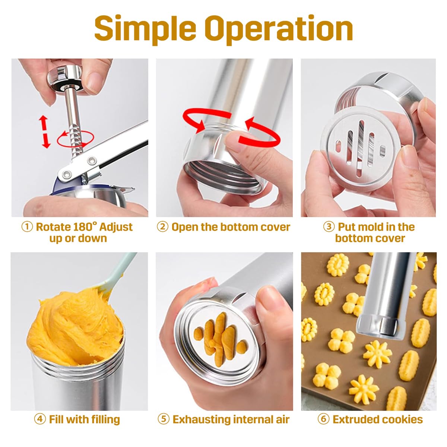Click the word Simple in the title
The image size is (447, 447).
pyautogui.click(x=145, y=29)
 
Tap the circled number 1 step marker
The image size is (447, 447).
pyautogui.click(x=27, y=227)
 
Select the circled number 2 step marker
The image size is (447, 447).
pyautogui.click(x=163, y=227)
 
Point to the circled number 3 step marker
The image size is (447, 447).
pyautogui.click(x=329, y=227)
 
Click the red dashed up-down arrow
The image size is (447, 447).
pyautogui.click(x=44, y=132)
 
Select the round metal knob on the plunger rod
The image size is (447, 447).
pyautogui.click(x=65, y=78)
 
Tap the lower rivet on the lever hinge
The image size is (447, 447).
pyautogui.click(x=67, y=173)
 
